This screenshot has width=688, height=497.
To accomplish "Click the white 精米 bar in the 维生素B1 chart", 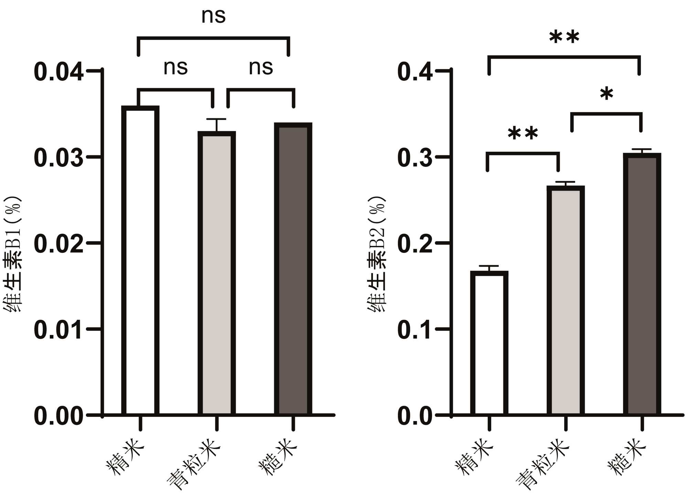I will (x=140, y=261).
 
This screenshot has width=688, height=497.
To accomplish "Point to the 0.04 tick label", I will (x=58, y=72).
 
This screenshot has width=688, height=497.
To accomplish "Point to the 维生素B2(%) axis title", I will (x=377, y=255).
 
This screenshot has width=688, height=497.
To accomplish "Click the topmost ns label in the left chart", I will (x=213, y=16).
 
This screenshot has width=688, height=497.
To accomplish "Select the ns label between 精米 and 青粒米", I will (x=175, y=67).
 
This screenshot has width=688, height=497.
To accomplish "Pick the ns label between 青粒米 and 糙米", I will (x=261, y=67).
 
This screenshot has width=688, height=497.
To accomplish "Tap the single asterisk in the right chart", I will (x=606, y=94).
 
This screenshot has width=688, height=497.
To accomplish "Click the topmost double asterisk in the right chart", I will (x=564, y=37).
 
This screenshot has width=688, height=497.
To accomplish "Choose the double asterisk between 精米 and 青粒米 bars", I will (x=523, y=133).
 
